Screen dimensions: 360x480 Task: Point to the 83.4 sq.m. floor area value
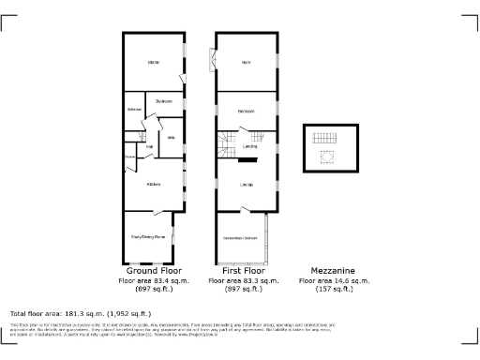[x=154, y=280]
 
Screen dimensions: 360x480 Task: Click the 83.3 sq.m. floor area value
[x=244, y=280]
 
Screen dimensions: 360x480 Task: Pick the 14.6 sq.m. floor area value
[x=334, y=280]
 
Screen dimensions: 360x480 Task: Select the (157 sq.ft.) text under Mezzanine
[x=334, y=289]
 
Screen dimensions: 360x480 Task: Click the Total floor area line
[x=80, y=312]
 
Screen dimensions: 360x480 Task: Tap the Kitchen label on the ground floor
[x=153, y=185]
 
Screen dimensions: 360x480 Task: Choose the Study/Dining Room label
[x=148, y=238]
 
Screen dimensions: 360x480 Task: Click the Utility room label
[x=172, y=138]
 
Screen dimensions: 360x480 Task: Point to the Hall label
[x=149, y=147]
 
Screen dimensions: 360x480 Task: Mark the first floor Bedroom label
[x=246, y=112]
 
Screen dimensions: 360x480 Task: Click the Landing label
[x=250, y=147]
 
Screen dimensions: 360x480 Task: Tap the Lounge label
[x=246, y=185]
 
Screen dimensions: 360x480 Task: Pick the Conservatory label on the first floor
[x=240, y=238]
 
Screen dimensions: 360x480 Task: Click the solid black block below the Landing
[x=247, y=160]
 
